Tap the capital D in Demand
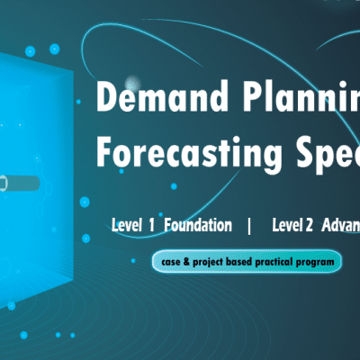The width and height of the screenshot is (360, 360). tap(105, 97)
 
